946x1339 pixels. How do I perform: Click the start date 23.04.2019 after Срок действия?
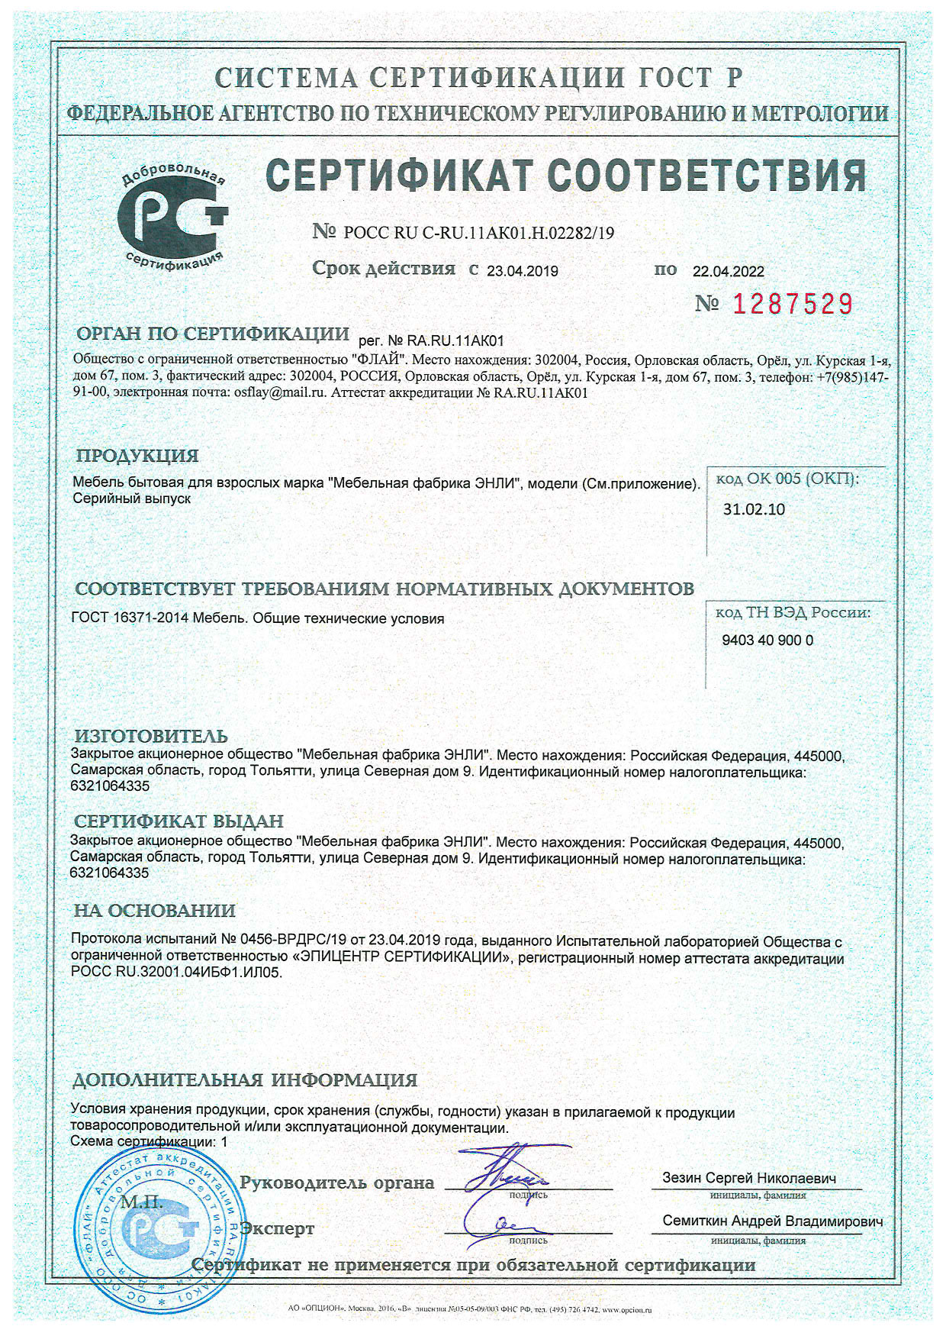(523, 271)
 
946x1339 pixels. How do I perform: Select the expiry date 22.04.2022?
(728, 271)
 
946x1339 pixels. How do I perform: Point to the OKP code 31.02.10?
(754, 509)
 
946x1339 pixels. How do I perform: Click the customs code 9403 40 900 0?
(767, 640)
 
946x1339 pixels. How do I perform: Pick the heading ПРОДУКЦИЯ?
(137, 456)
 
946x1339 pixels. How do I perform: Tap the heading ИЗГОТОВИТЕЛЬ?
(151, 736)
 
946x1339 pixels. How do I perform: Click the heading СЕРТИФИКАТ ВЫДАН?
(179, 821)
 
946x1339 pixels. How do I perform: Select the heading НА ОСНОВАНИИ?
(154, 910)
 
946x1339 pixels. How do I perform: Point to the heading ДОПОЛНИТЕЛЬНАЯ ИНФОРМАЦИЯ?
(244, 1079)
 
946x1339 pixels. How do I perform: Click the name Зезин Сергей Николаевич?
(749, 1178)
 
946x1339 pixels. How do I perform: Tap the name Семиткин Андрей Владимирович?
(772, 1221)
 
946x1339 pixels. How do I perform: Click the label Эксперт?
(277, 1228)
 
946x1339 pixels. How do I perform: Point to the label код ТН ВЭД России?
(793, 612)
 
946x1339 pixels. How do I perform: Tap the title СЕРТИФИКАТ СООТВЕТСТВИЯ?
(565, 176)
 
